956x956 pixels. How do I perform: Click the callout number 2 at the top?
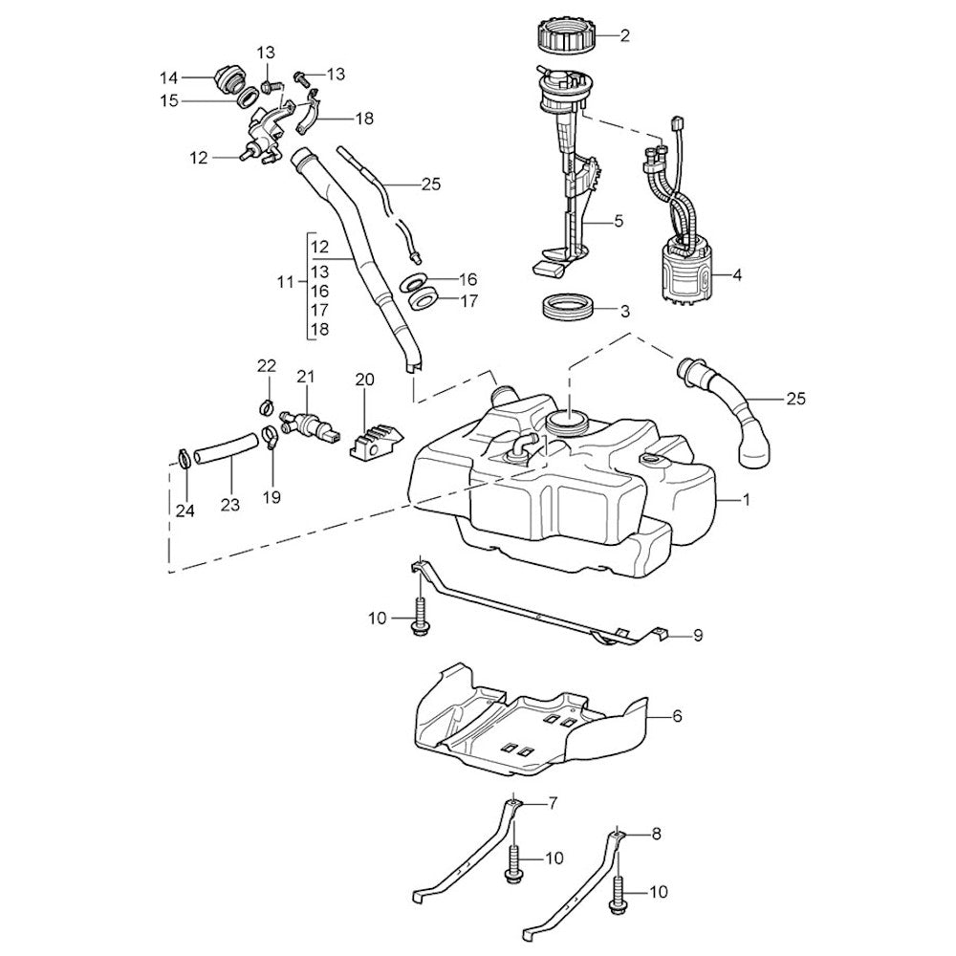[625, 37]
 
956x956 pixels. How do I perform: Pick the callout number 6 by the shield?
[677, 715]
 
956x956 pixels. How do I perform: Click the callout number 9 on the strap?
[697, 634]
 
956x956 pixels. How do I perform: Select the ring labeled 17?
[424, 300]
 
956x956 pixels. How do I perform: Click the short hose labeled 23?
[227, 448]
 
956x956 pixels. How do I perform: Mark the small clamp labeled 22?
[265, 408]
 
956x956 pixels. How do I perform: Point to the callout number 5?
[618, 221]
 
